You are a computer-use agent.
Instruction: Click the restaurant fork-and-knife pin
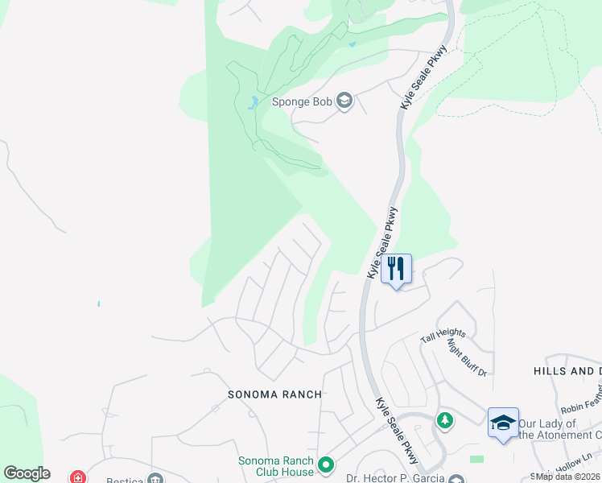pos(395,268)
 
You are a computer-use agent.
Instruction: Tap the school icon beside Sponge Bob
pos(345,101)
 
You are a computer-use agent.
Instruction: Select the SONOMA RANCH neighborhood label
pos(274,394)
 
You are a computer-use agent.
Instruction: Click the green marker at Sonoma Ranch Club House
pos(326,465)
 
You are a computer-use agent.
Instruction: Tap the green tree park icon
pos(444,420)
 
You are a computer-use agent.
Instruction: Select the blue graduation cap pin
pos(503,423)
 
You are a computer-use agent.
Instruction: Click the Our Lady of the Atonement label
pos(559,429)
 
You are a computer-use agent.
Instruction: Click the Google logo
pos(27,473)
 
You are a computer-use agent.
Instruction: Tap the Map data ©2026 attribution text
pos(568,477)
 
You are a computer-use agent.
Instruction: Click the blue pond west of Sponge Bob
pos(254,102)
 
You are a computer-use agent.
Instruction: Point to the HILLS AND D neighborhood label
pos(567,371)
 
